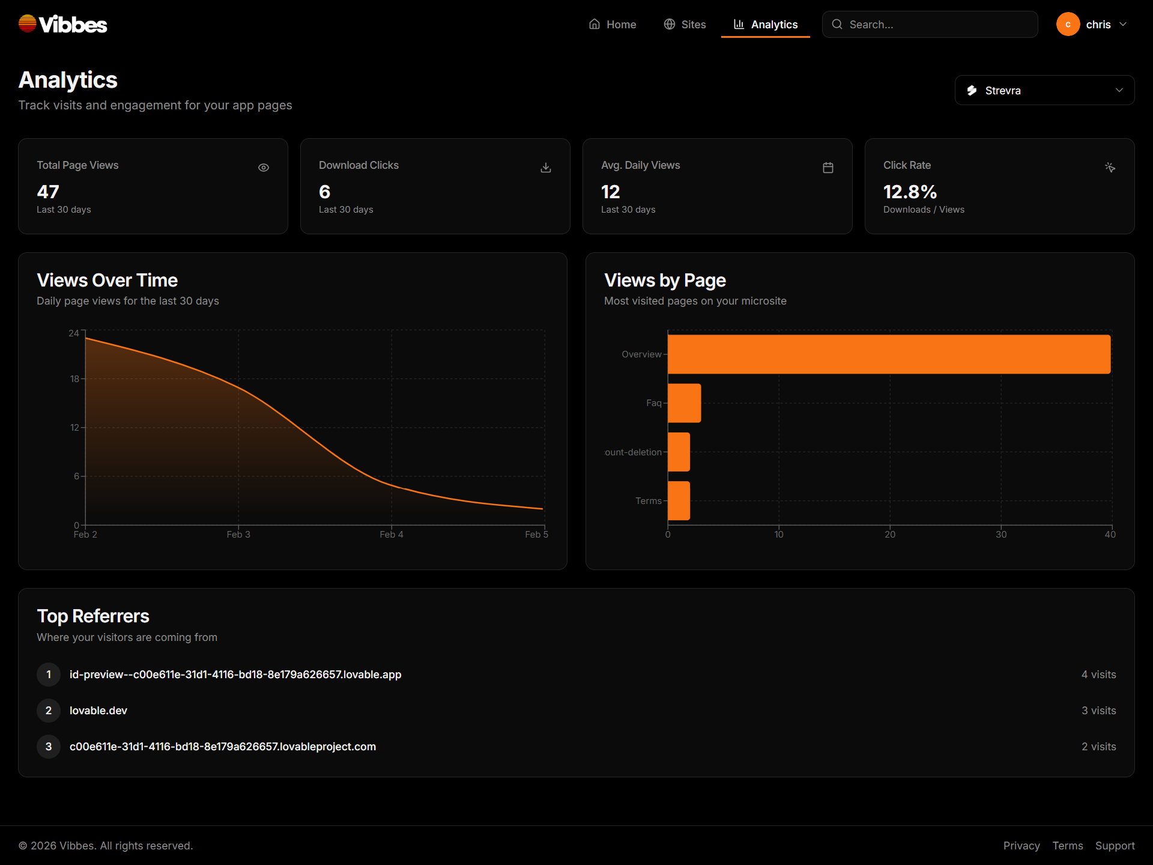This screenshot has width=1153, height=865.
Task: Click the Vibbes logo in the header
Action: (62, 24)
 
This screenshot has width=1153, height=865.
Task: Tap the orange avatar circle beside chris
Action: (1068, 25)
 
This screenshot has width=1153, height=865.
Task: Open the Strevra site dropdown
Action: (1044, 90)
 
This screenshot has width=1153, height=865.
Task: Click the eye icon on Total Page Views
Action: (264, 168)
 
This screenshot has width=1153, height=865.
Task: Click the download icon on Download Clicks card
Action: (546, 168)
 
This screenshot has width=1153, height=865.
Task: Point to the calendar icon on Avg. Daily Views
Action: (828, 168)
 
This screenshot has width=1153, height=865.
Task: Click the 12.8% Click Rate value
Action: (910, 192)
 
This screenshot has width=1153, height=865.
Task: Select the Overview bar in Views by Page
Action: (889, 354)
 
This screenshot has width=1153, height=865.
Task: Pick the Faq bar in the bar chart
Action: (684, 403)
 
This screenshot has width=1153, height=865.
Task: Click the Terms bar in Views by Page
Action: (679, 500)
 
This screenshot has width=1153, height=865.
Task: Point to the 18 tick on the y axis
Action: (74, 379)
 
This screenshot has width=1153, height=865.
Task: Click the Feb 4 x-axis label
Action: (392, 535)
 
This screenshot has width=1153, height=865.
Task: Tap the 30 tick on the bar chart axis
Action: (1001, 535)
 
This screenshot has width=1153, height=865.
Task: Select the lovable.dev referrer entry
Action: (98, 711)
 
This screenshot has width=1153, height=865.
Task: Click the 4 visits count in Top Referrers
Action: (1098, 675)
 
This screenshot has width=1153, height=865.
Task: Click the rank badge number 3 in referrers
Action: (49, 747)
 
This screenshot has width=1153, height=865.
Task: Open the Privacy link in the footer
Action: (1021, 846)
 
